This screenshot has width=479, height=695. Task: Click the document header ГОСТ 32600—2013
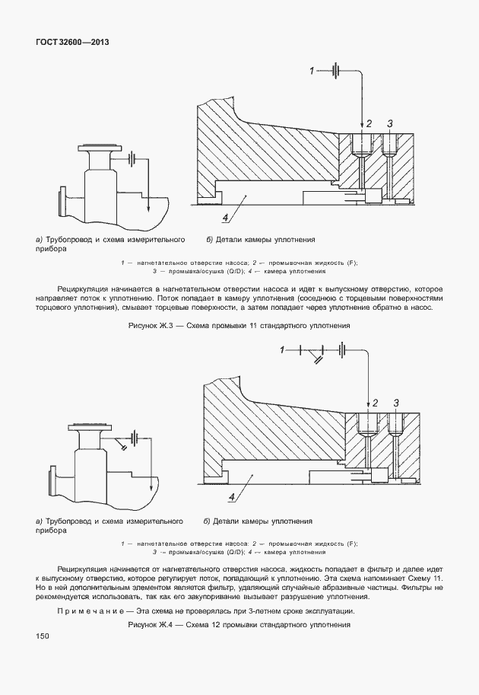click(x=72, y=43)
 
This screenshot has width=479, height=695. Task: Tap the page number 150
click(x=42, y=636)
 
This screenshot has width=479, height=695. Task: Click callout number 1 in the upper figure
click(x=311, y=71)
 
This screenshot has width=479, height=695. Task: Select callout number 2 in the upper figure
click(x=369, y=123)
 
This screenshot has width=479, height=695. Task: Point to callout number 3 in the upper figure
click(x=390, y=123)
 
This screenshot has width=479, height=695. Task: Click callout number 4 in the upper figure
click(x=226, y=218)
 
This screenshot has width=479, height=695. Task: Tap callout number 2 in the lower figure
click(x=374, y=402)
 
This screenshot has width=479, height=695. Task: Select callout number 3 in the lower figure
click(x=395, y=402)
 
